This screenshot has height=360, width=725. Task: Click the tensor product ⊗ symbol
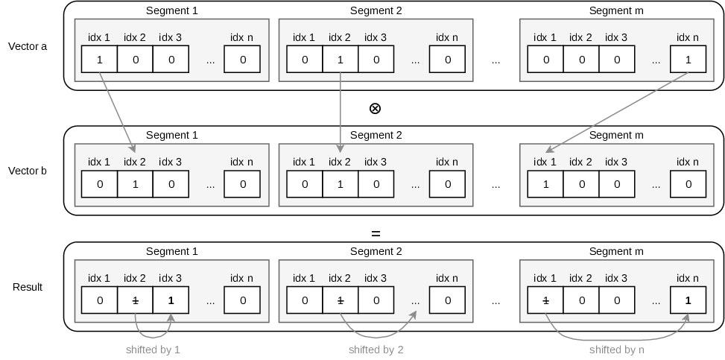375,108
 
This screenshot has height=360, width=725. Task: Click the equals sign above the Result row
376,234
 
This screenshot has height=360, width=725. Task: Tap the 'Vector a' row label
28,46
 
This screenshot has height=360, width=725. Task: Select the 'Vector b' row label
28,171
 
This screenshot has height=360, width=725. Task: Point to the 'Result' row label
28,287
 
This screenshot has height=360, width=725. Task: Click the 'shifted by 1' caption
153,350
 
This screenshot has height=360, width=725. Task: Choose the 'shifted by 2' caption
376,350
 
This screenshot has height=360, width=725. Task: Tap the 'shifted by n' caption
617,350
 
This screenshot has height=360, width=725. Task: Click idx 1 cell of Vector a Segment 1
99,59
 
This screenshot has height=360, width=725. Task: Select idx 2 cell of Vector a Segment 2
341,59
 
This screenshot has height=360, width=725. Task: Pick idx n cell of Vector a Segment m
688,59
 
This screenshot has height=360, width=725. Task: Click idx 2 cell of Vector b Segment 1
135,184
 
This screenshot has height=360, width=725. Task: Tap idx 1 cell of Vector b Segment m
545,184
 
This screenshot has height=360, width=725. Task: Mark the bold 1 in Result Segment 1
171,301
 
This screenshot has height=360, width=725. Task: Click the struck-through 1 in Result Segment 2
341,301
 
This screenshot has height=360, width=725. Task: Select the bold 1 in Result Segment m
688,301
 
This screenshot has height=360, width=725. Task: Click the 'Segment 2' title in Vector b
376,135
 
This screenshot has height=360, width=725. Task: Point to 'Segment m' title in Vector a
616,10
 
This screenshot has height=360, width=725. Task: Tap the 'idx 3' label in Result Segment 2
376,278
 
